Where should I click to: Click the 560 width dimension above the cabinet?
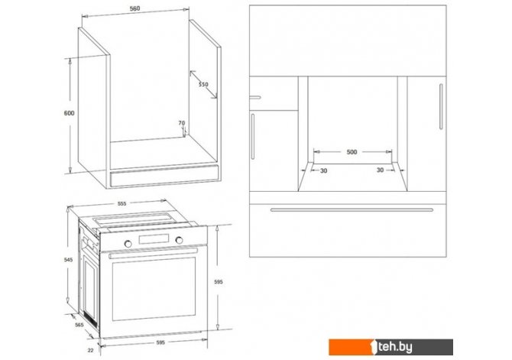134,8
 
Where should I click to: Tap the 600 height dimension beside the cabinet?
69,113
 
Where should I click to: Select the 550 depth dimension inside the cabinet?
203,84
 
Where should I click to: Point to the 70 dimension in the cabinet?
182,123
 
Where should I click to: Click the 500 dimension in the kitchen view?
352,152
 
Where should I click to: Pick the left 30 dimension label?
323,170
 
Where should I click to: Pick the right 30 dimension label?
380,170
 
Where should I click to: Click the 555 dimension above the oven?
122,203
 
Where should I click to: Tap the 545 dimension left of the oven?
68,260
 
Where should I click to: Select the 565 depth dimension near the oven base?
79,325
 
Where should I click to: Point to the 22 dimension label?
90,350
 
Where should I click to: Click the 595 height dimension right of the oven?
219,281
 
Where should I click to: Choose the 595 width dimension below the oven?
160,342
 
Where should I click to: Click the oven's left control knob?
128,244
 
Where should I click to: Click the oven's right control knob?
179,240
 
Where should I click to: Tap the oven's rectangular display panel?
154,239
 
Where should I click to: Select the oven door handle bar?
154,253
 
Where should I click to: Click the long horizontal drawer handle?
352,209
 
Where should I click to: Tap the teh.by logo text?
394,347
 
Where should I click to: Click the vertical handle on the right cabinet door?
441,106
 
